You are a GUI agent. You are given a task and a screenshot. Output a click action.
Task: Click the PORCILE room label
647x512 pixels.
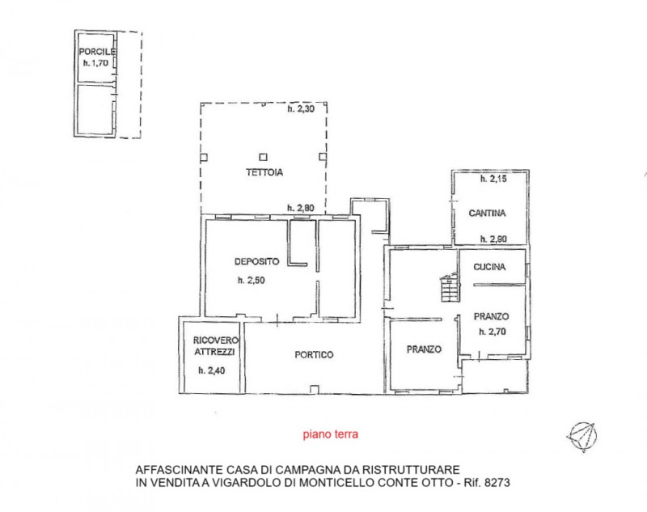(97, 52)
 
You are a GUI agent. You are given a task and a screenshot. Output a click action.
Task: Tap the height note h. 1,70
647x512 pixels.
(95, 63)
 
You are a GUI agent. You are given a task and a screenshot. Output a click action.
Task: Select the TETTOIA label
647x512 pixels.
(264, 172)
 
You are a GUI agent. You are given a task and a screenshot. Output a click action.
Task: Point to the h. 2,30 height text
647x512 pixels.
(301, 109)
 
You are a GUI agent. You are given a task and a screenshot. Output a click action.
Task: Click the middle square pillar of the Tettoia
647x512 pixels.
(264, 157)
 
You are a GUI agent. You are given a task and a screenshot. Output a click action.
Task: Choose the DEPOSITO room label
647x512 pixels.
(256, 261)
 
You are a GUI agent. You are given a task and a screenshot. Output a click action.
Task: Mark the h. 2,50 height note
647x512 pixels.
(251, 281)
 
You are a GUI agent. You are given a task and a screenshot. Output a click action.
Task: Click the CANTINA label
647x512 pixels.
(487, 214)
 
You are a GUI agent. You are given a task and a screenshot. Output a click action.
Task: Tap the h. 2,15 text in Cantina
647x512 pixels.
(493, 179)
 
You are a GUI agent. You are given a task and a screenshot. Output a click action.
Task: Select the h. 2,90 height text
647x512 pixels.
(493, 239)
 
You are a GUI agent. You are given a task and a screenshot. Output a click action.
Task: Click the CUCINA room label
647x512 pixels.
(489, 267)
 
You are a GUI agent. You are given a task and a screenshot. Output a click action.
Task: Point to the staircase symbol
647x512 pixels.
(450, 287)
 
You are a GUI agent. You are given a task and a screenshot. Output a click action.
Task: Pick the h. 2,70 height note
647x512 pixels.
(493, 332)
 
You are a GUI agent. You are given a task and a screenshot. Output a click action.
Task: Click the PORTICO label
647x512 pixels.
(314, 355)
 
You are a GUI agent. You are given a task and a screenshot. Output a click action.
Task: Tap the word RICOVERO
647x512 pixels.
(216, 341)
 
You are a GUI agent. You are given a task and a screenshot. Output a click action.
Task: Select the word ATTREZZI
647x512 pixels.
(214, 352)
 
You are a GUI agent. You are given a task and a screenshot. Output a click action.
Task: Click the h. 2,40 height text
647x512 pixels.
(212, 370)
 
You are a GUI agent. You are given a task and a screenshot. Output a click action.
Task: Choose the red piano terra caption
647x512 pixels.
(331, 434)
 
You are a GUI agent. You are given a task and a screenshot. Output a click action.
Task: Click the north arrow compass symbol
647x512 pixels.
(582, 437)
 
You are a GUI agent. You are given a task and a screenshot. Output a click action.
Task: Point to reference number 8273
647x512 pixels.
(497, 482)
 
